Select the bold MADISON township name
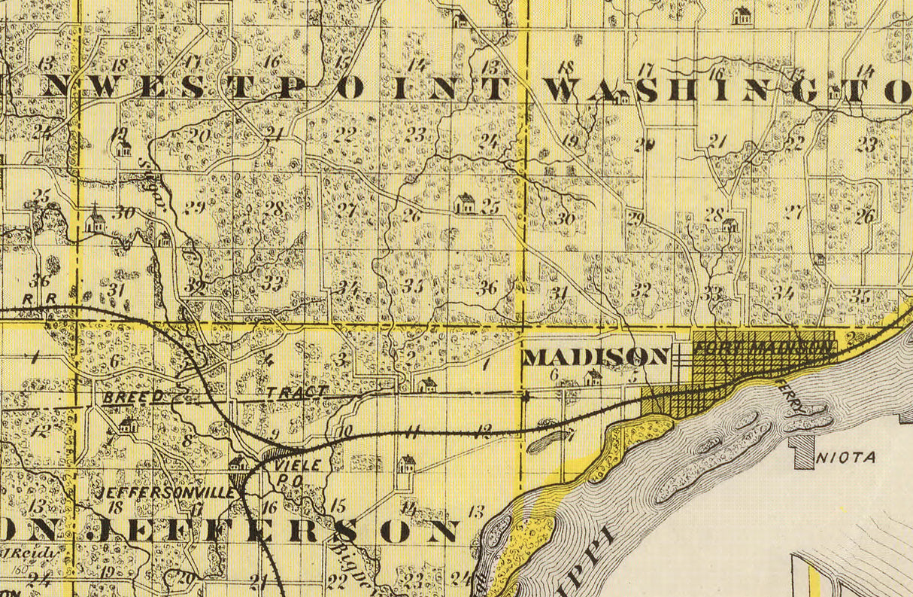coord(596,356)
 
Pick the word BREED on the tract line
coord(133,396)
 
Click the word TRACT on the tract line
coord(297,392)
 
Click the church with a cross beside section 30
coord(95,221)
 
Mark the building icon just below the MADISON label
coord(593,377)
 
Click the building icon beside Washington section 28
coord(729,224)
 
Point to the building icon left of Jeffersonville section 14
coord(406,464)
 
